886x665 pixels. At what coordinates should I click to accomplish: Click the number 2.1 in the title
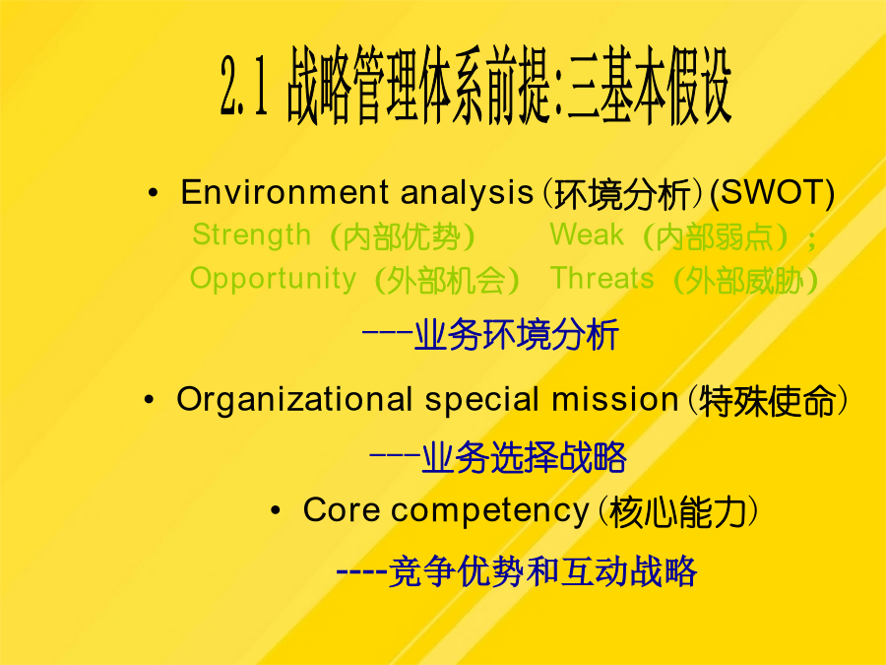[243, 87]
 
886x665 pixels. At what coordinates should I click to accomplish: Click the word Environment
[285, 192]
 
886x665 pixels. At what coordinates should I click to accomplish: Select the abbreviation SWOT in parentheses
[773, 193]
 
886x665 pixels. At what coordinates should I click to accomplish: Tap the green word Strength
[251, 235]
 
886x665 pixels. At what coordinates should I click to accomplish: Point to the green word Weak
[587, 234]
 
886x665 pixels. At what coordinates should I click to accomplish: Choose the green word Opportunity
[273, 280]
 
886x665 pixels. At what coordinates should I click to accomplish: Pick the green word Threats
[601, 278]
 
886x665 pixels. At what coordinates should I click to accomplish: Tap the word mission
[614, 399]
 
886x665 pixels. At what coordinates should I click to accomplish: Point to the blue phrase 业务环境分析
[517, 335]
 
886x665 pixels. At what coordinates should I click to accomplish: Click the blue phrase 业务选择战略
[524, 457]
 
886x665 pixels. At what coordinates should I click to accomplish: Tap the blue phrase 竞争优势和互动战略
[543, 571]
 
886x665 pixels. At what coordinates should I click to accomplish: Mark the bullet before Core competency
[276, 511]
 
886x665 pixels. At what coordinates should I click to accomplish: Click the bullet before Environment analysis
[153, 193]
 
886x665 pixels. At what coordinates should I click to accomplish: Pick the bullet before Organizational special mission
[149, 400]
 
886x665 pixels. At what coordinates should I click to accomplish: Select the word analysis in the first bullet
[467, 193]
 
